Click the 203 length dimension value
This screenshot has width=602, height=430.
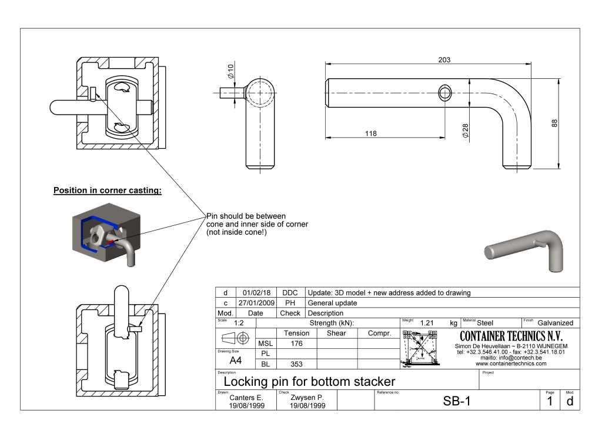pos(444,60)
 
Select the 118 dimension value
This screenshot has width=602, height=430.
pos(370,134)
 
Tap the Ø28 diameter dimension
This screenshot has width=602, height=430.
pos(465,131)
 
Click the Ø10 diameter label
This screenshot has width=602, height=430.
pos(231,73)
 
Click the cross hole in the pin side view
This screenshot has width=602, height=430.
pos(445,92)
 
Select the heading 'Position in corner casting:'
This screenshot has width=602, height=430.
pos(107,191)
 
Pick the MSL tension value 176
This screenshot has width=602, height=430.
pos(296,344)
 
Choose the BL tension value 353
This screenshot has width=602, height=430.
pos(296,364)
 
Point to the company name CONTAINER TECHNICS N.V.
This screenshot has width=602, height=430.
pos(511,336)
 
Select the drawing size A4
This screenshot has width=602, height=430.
pos(235,361)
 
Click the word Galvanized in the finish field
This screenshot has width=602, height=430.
pos(555,323)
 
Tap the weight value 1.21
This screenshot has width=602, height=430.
pos(427,323)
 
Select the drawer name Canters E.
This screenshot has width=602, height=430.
pos(246,397)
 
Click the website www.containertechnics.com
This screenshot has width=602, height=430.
pos(511,364)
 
